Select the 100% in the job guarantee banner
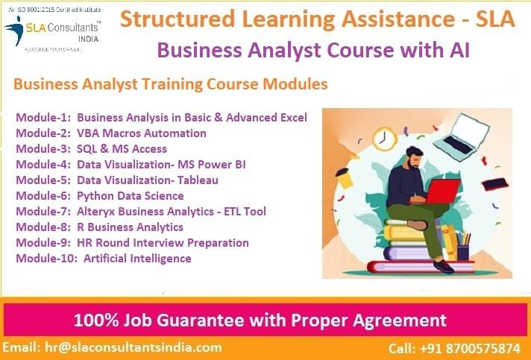[94, 321]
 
